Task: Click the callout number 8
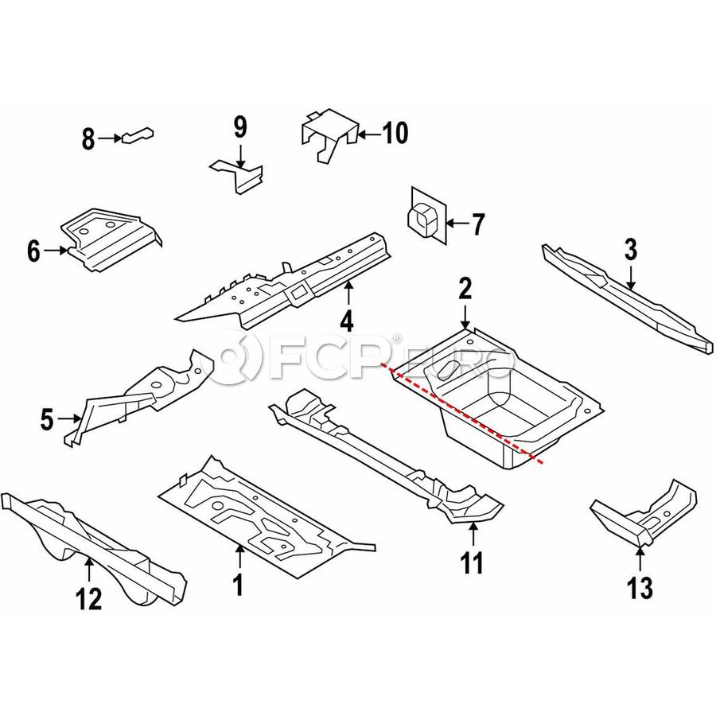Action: point(88,138)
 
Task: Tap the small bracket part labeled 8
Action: point(137,135)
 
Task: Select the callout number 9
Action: point(240,127)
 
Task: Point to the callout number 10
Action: point(395,134)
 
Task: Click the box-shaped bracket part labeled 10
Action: point(329,134)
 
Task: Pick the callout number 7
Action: point(477,224)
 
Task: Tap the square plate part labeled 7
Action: point(427,215)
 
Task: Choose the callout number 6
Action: point(33,251)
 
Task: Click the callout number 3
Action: point(630,250)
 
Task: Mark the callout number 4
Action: point(347,321)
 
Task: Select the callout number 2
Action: point(465,289)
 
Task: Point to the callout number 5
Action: point(47,419)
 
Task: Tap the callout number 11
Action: point(472,563)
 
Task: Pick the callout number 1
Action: point(238,585)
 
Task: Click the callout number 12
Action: point(89,598)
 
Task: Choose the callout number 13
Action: point(640,588)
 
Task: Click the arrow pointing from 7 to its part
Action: point(457,224)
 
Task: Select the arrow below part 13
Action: point(640,558)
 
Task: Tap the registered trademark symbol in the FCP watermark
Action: point(396,338)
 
